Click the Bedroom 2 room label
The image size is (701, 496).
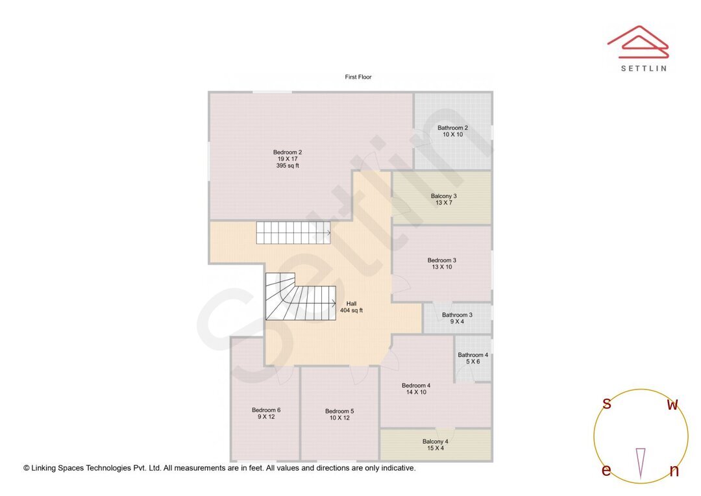(x=288, y=153)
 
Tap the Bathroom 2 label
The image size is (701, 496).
(x=452, y=128)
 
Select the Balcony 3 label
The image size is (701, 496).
(x=444, y=196)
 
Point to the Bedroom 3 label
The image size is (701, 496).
(x=441, y=260)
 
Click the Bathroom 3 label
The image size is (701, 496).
(x=457, y=315)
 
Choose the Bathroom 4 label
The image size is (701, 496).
(x=473, y=355)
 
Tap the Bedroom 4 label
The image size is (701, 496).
(x=416, y=386)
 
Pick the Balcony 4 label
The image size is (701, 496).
(x=435, y=441)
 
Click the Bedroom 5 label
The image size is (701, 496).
(x=339, y=411)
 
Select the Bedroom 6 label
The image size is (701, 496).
(x=266, y=410)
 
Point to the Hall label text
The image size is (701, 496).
(x=351, y=303)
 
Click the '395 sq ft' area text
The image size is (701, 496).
(x=288, y=166)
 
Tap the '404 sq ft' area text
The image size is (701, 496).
(x=351, y=310)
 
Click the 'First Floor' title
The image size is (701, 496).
(x=358, y=77)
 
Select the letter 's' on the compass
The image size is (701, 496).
(x=607, y=404)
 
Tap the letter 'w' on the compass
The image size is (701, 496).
(x=672, y=405)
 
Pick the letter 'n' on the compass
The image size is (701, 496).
(x=674, y=471)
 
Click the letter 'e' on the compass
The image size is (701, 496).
(x=606, y=471)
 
